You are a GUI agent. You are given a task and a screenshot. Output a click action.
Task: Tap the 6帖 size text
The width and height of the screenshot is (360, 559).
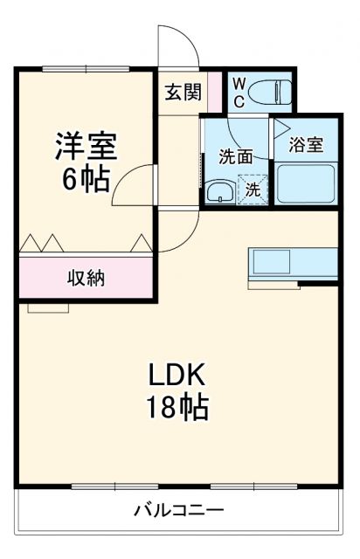click(86, 179)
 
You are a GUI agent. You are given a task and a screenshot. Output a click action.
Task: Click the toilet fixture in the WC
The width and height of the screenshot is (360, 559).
click(273, 91)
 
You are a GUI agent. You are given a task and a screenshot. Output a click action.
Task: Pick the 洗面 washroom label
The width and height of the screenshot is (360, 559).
click(235, 157)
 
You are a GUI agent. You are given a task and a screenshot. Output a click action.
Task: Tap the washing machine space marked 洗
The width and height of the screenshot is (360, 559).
click(252, 189)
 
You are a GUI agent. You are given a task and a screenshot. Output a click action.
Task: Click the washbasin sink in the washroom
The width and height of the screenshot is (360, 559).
click(219, 191)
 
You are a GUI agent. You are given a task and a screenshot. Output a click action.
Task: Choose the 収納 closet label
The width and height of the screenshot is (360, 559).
click(87, 279)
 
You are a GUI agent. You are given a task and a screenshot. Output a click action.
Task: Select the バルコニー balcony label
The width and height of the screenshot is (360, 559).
click(178, 509)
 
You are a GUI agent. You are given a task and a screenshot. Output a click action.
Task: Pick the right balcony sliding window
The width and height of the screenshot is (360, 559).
click(246, 486)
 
